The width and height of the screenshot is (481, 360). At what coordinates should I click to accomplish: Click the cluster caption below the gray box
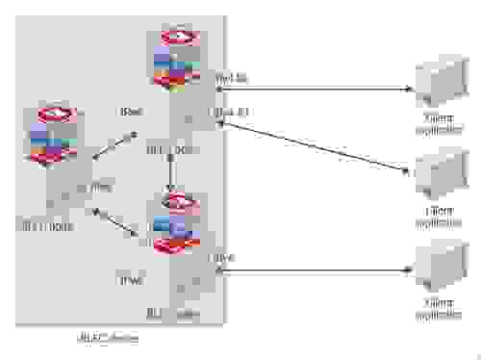[106, 338]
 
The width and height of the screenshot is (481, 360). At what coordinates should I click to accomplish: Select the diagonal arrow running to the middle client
[317, 146]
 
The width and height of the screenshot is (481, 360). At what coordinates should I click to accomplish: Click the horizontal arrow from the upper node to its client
[317, 90]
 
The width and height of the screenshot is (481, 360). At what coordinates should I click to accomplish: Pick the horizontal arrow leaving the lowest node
[317, 271]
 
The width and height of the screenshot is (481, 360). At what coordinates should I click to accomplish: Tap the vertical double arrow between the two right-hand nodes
[171, 173]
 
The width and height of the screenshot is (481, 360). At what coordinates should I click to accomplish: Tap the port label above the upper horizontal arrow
[231, 78]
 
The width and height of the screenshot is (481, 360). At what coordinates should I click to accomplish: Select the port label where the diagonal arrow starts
[231, 112]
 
